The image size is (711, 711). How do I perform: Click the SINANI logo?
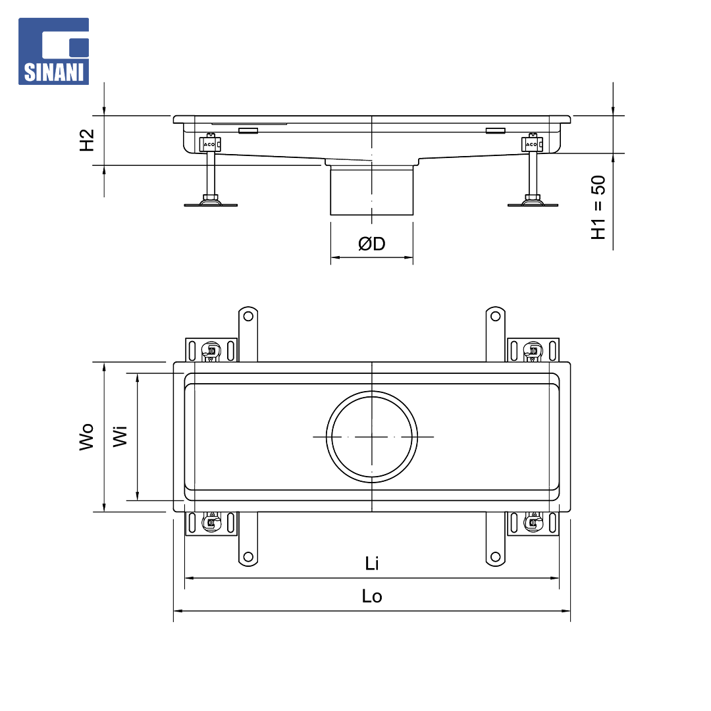[x=53, y=51]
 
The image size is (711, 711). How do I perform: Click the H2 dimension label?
[x=87, y=140]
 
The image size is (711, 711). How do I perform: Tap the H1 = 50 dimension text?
[x=598, y=207]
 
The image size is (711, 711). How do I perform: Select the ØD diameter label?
[x=372, y=244]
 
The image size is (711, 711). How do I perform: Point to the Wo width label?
[x=86, y=437]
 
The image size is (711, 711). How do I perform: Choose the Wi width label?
[x=120, y=436]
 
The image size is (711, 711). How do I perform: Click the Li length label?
[x=372, y=564]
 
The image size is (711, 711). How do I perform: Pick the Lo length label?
[x=372, y=596]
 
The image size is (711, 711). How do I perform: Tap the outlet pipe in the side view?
[x=372, y=190]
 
